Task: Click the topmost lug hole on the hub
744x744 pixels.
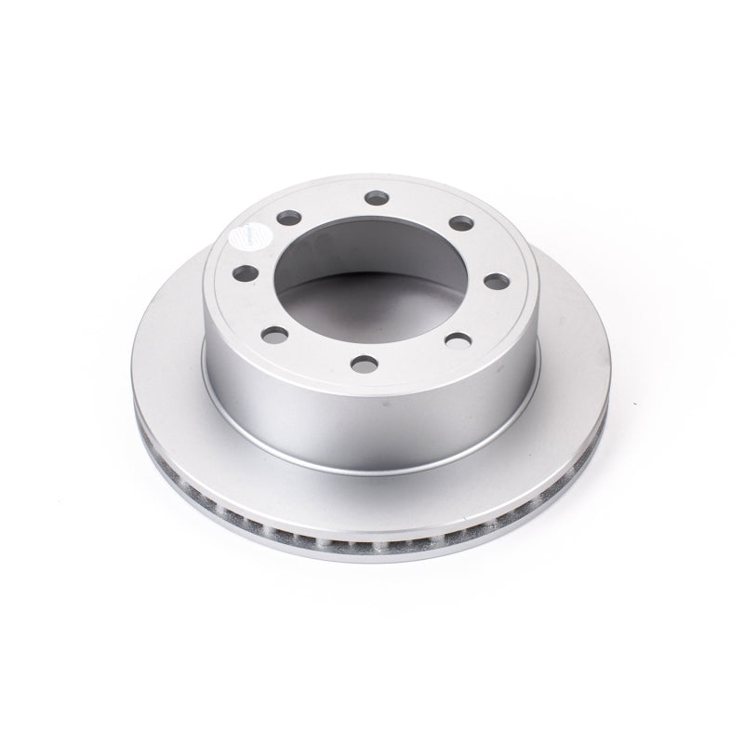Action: coord(376,197)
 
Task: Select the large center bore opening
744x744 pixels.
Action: coord(372,279)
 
